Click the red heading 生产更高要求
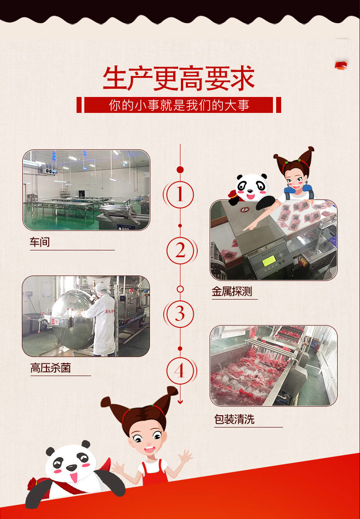coord(179,79)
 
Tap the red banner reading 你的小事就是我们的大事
coord(179,105)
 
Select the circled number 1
coord(180,194)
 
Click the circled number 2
coord(180,251)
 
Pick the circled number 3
coord(180,314)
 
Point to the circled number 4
coord(180,371)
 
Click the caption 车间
coord(40,242)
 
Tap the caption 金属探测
coord(232,292)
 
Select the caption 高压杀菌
coord(51,368)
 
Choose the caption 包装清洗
coord(234,419)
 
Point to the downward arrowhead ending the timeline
coord(180,402)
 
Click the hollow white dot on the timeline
coord(180,289)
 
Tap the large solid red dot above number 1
coord(180,170)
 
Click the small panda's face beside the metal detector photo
coord(252,187)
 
